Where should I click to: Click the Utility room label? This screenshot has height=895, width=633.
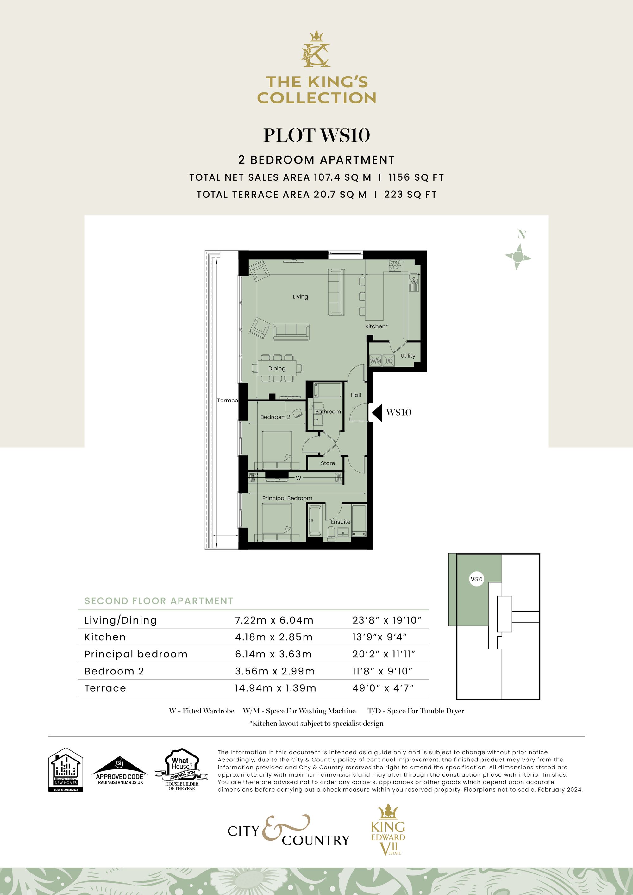click(x=408, y=356)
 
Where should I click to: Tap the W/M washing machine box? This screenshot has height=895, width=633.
click(x=375, y=361)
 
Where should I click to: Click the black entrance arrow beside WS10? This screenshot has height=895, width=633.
click(x=377, y=413)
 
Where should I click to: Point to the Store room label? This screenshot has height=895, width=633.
click(x=328, y=463)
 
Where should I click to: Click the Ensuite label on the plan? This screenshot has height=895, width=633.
click(x=341, y=522)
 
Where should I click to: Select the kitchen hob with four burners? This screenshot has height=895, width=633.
click(x=394, y=265)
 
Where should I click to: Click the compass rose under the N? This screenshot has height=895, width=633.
click(x=518, y=257)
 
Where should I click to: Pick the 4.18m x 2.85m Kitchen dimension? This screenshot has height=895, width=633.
click(x=274, y=637)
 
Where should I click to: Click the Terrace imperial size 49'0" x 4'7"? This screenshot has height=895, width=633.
click(x=383, y=688)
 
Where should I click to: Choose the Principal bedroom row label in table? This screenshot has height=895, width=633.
click(x=136, y=654)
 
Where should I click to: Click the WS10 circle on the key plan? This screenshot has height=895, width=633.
click(x=477, y=579)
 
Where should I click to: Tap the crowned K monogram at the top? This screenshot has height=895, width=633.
click(x=316, y=50)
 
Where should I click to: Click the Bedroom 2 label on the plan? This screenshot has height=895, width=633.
click(x=275, y=417)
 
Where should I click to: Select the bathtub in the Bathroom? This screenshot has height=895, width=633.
click(x=328, y=390)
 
